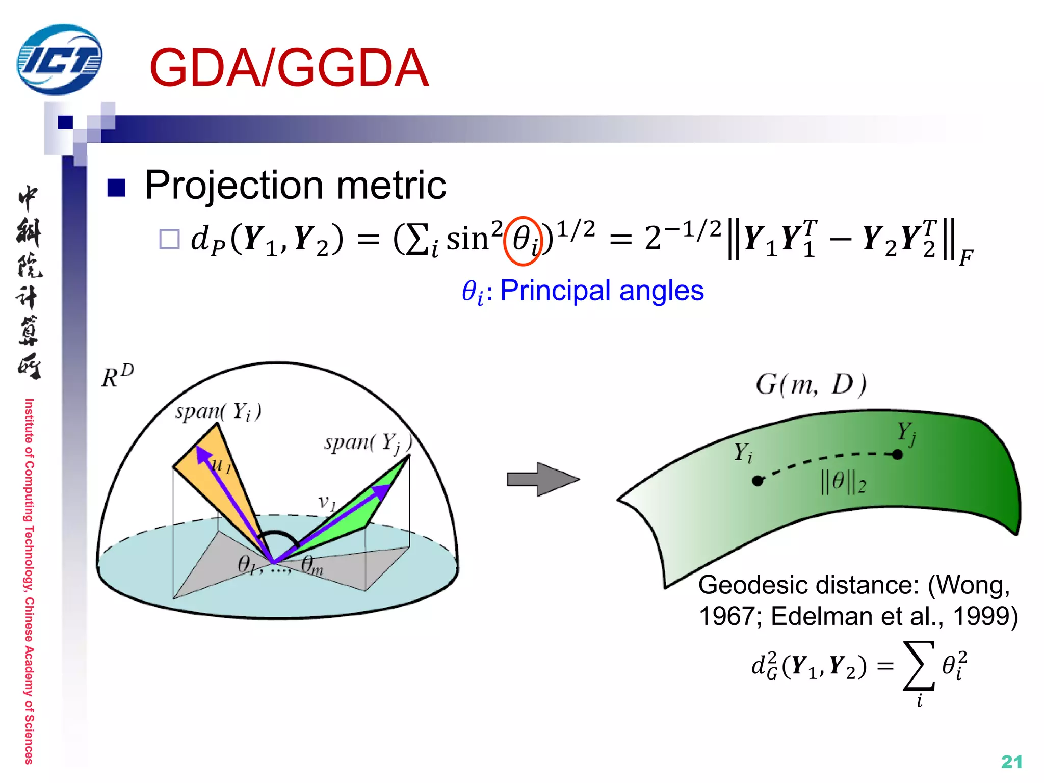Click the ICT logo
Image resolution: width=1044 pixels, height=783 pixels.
coord(59,60)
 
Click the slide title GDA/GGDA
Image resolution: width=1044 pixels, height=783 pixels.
coord(289,68)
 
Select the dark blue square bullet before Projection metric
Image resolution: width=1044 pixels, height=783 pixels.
coord(116,188)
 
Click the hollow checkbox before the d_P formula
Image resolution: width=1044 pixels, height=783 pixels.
coord(169,239)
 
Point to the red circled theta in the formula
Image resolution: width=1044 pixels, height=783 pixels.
coord(522,241)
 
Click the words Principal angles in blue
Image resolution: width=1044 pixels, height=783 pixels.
coord(602,291)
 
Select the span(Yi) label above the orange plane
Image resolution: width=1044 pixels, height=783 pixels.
coord(218,411)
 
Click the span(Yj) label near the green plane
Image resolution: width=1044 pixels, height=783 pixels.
coord(368,442)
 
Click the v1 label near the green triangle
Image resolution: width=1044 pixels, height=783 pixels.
coord(327,502)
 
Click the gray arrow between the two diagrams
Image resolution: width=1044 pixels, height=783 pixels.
coord(543,479)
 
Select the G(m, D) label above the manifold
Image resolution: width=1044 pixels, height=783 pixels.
coord(811,385)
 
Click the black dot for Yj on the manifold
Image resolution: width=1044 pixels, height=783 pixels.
coord(898,454)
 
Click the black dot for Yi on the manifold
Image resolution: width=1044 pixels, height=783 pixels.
coord(758,480)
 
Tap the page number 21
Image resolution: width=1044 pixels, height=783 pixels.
coord(1011,762)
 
